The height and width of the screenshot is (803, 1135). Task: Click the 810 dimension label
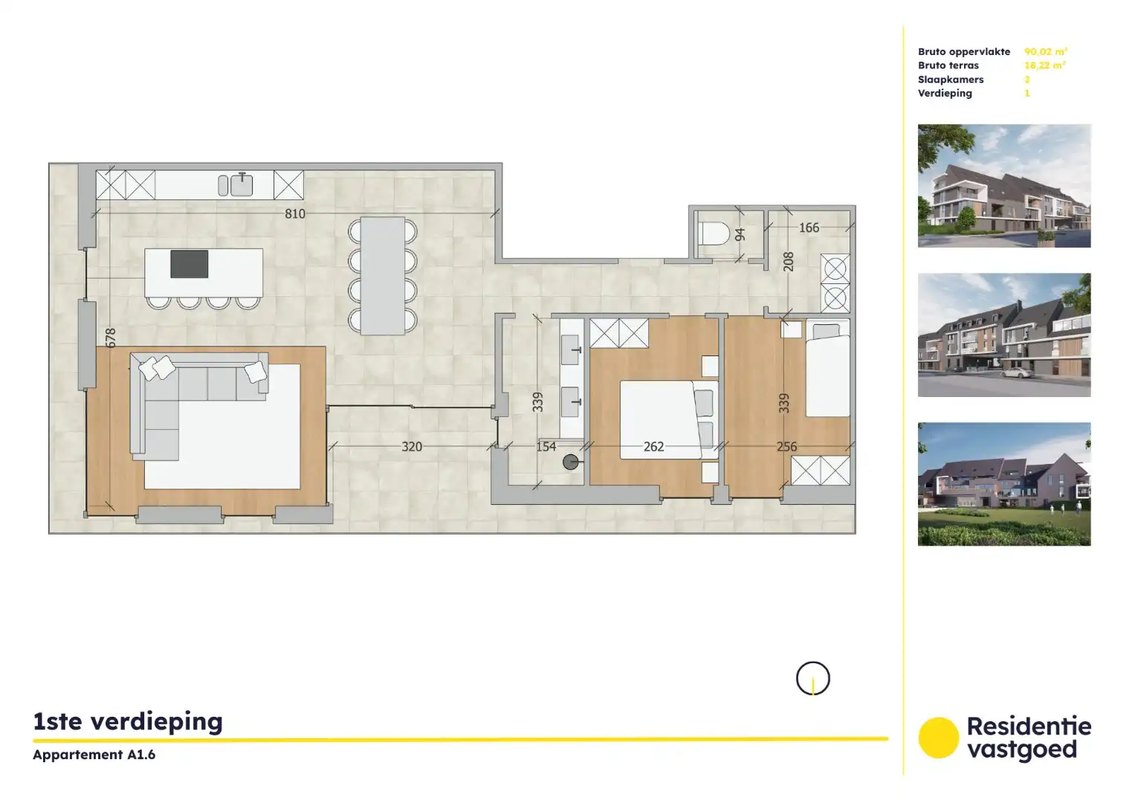click(295, 214)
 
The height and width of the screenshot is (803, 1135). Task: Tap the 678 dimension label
click(111, 338)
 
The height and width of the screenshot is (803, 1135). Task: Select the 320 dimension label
click(412, 447)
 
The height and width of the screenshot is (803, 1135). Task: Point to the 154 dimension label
click(546, 447)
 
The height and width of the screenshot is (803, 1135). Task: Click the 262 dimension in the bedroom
click(653, 447)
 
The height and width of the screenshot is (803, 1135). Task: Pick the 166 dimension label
click(809, 228)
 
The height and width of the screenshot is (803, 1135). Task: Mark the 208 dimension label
click(789, 262)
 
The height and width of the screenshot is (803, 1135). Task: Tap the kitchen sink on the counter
click(242, 184)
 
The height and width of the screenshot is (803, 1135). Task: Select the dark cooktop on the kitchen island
click(189, 264)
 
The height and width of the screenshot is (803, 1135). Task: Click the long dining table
click(383, 276)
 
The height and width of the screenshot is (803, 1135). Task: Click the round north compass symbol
click(812, 679)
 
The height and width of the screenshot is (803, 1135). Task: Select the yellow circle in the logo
click(938, 738)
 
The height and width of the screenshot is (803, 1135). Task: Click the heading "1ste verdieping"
click(128, 722)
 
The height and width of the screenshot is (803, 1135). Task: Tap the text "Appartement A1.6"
click(94, 755)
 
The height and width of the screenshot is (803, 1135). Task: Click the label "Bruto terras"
click(948, 65)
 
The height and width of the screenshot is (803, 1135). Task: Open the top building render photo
click(1003, 186)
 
